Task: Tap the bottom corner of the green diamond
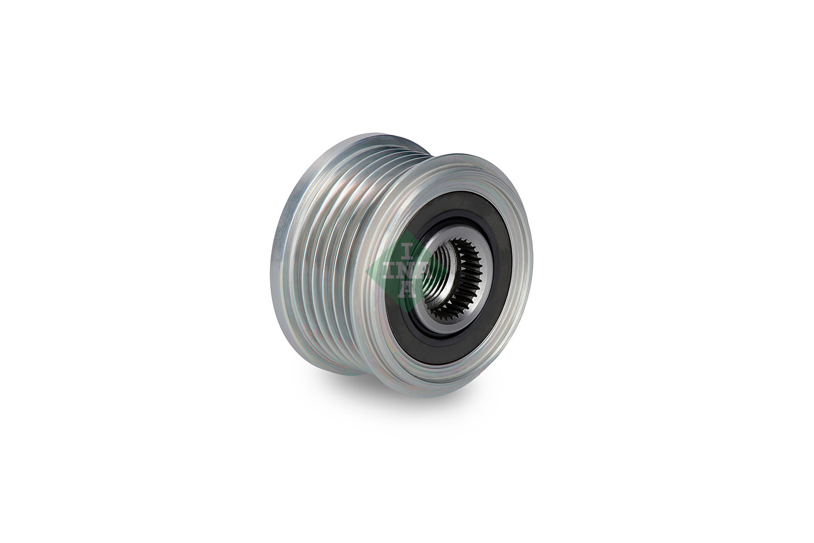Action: [x=407, y=305]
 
